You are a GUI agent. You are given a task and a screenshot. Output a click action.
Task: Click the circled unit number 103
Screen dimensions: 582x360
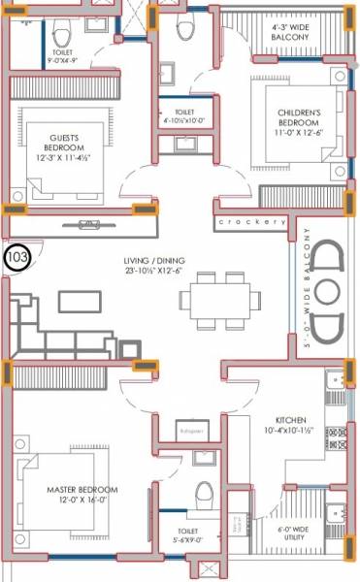(x=17, y=257)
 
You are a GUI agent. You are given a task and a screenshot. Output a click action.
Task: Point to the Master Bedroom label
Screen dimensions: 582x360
(x=82, y=491)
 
